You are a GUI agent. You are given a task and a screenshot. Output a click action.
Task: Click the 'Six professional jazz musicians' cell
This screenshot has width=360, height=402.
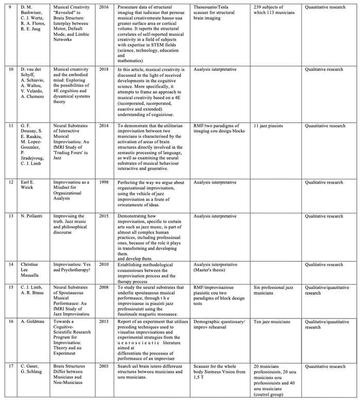(x=273, y=290)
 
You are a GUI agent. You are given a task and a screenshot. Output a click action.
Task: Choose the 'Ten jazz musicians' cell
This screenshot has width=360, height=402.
(x=272, y=322)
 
